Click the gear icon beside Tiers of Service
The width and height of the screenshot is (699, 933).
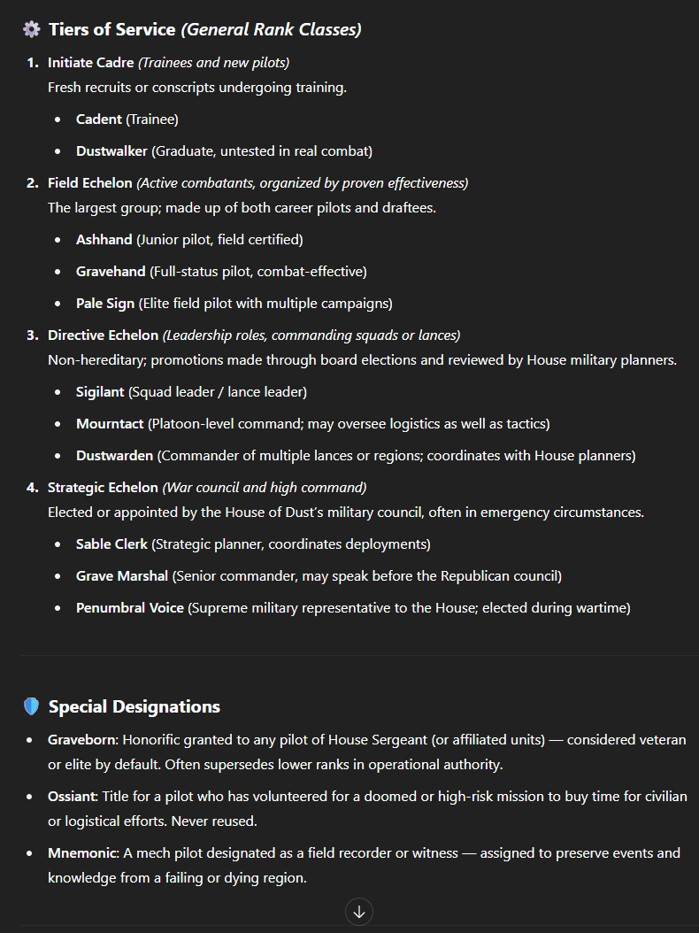click(32, 29)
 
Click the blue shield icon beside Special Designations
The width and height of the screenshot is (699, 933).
click(32, 706)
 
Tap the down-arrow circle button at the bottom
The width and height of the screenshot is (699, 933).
click(358, 912)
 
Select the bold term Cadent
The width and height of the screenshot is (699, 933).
click(99, 119)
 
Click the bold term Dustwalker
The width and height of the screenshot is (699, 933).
click(112, 150)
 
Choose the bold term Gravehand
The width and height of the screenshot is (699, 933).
click(111, 271)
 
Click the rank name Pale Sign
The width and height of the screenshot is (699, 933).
click(105, 303)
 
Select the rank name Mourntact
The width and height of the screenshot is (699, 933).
click(110, 423)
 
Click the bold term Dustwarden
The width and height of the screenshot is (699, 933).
click(115, 455)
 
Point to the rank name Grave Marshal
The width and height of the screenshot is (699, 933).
click(122, 575)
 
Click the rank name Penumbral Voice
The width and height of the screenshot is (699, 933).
click(130, 607)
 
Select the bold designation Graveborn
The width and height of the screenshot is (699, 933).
click(82, 739)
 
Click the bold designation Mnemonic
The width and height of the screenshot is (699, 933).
click(80, 852)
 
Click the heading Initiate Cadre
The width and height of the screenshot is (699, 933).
click(90, 62)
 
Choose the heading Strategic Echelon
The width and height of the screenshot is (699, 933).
click(103, 487)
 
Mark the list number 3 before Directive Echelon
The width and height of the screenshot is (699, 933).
click(32, 335)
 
